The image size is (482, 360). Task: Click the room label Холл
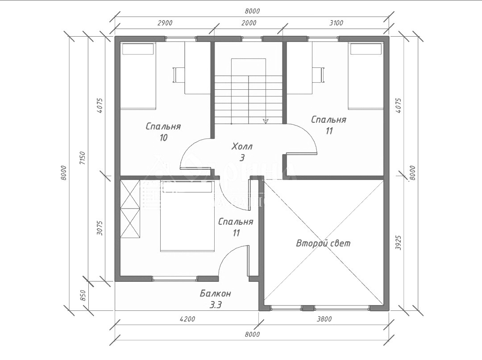[x=242, y=147]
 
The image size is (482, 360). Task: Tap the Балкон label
[x=215, y=294]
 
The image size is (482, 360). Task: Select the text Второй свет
[x=324, y=243]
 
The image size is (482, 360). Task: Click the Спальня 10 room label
[x=163, y=126]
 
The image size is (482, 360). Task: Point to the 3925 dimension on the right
[x=399, y=243]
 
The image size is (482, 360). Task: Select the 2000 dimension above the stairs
[x=248, y=23]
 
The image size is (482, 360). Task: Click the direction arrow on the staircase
[x=266, y=120]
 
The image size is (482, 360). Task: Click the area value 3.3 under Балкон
[x=215, y=306]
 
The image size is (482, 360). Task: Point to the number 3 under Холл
[x=242, y=158]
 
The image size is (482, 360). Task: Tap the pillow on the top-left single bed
[x=138, y=49]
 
